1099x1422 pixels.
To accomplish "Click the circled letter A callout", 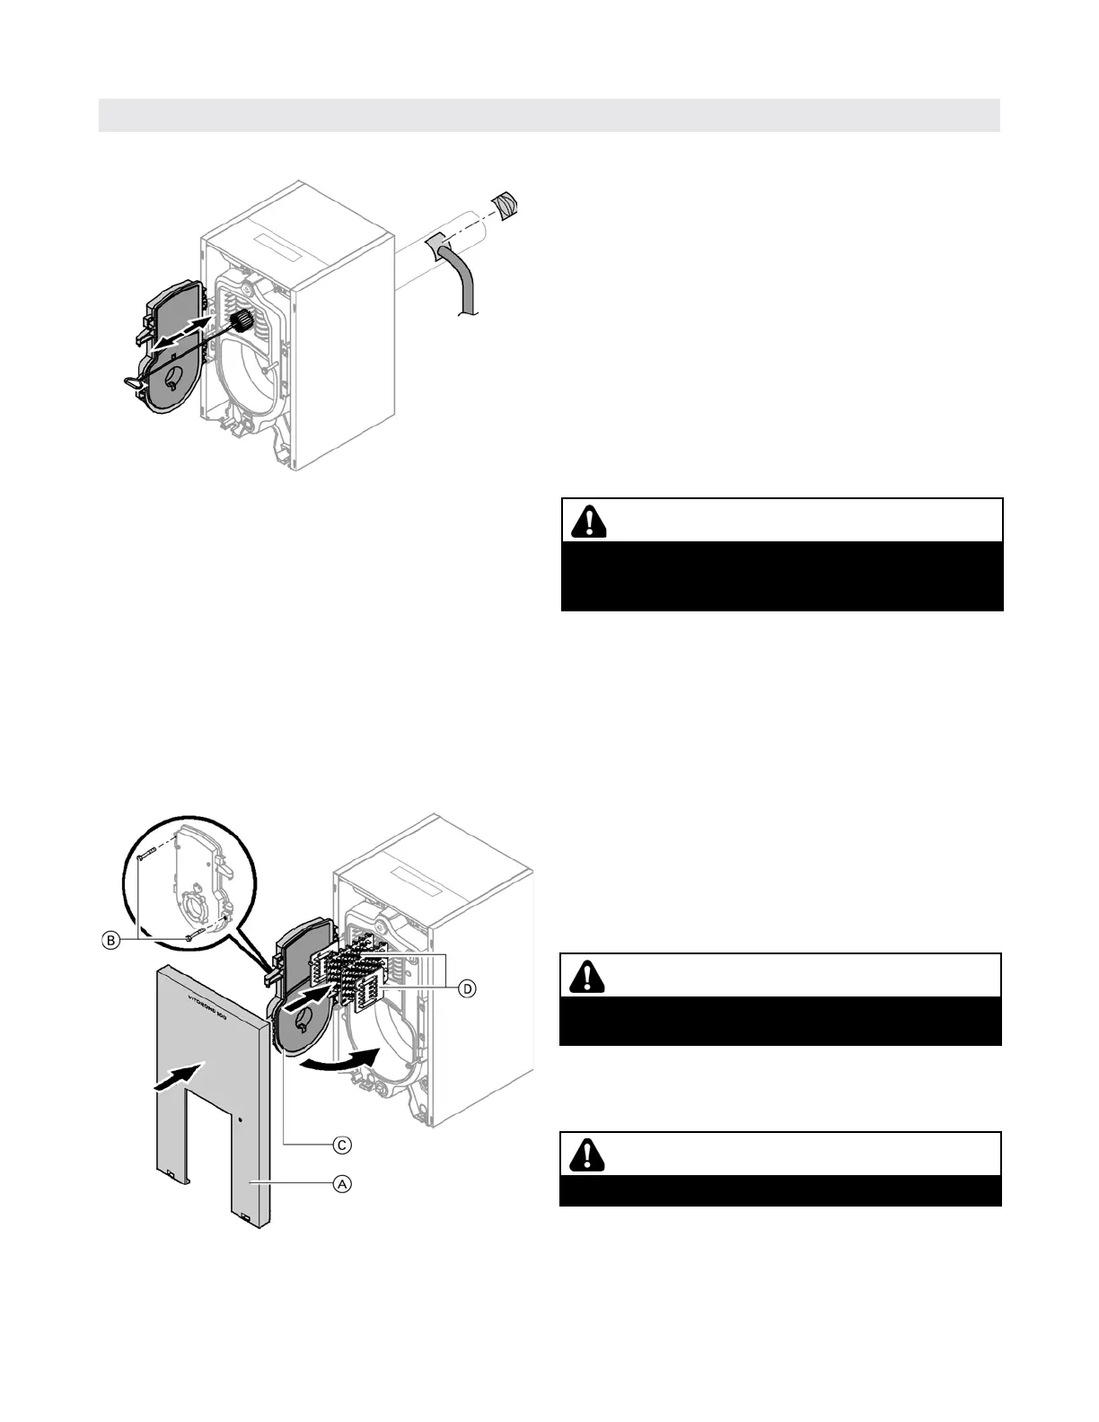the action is (342, 1184).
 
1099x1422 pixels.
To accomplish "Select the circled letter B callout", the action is (110, 940).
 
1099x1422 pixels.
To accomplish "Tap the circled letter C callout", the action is (342, 1145).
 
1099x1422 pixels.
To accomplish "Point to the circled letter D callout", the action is (467, 988).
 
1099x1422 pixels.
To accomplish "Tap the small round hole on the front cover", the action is (241, 1119).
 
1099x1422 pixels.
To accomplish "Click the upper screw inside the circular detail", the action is (149, 852).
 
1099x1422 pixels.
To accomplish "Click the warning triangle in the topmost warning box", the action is (589, 521).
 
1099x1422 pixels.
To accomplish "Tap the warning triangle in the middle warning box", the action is (587, 975).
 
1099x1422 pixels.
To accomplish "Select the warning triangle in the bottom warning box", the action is (587, 1154).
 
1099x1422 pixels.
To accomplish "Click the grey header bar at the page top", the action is (549, 115).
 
